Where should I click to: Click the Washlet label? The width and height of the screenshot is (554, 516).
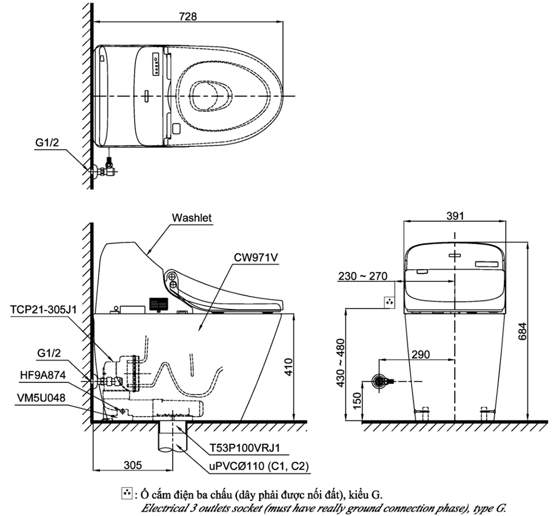coord(192,218)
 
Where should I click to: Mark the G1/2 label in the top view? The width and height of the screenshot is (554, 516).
coord(48,143)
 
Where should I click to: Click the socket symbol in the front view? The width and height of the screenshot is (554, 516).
coord(390,302)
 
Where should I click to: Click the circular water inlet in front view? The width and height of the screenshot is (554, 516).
coord(379,381)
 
